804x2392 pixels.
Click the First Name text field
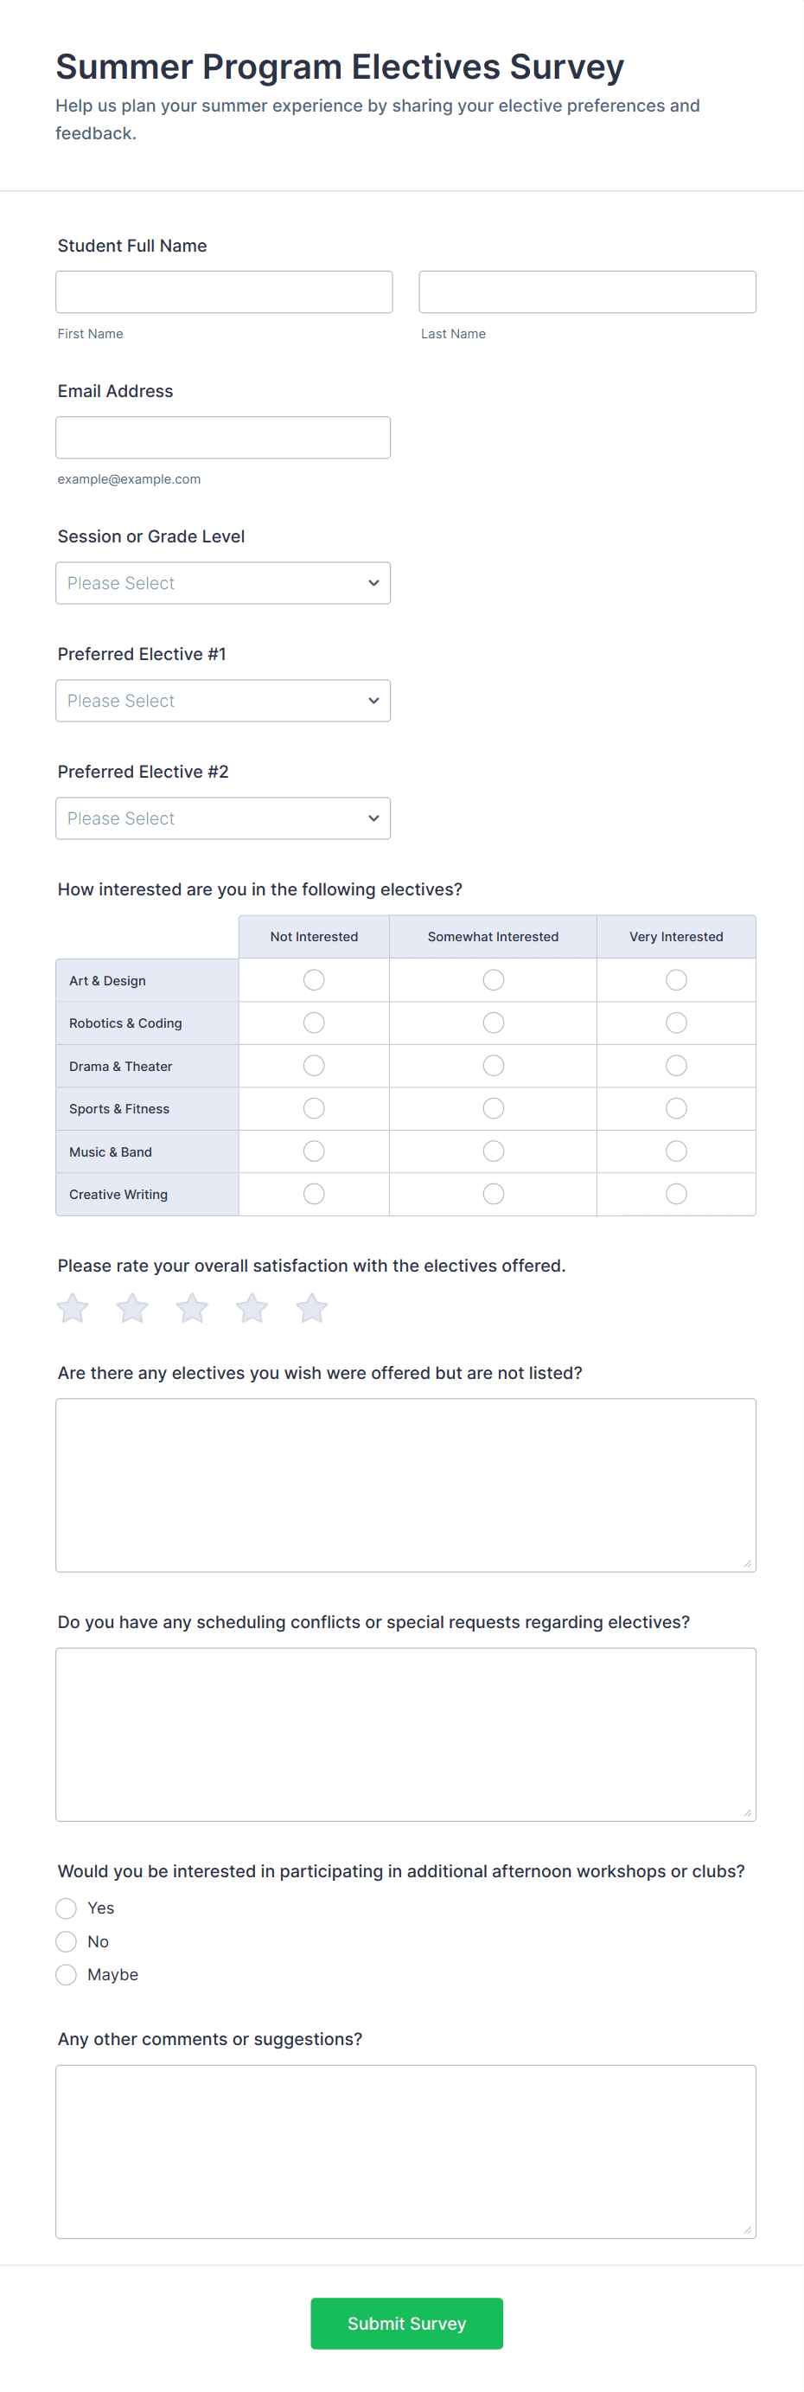click(x=224, y=292)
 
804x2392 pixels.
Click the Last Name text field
click(x=587, y=292)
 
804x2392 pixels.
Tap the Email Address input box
click(x=223, y=438)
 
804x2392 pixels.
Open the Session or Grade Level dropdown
click(x=223, y=583)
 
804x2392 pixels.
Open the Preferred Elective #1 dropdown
click(x=223, y=701)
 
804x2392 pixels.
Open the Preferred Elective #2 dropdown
click(x=223, y=818)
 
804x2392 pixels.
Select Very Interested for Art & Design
click(x=676, y=979)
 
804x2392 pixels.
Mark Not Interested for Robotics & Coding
click(x=314, y=1023)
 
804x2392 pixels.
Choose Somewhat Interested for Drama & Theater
click(x=493, y=1065)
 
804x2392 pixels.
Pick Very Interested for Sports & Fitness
click(x=676, y=1108)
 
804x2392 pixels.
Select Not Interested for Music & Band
click(x=314, y=1151)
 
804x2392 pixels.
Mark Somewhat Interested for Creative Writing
click(x=493, y=1193)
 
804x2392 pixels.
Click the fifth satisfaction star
click(x=312, y=1308)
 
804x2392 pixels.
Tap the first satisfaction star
click(x=73, y=1308)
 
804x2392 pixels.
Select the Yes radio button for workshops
click(x=66, y=1908)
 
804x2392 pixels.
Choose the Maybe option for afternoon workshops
click(x=66, y=1974)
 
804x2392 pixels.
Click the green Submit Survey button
click(x=406, y=2324)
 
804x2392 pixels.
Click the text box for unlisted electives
click(x=405, y=1485)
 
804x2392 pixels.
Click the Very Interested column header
click(x=676, y=937)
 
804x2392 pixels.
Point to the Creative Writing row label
click(x=118, y=1194)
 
